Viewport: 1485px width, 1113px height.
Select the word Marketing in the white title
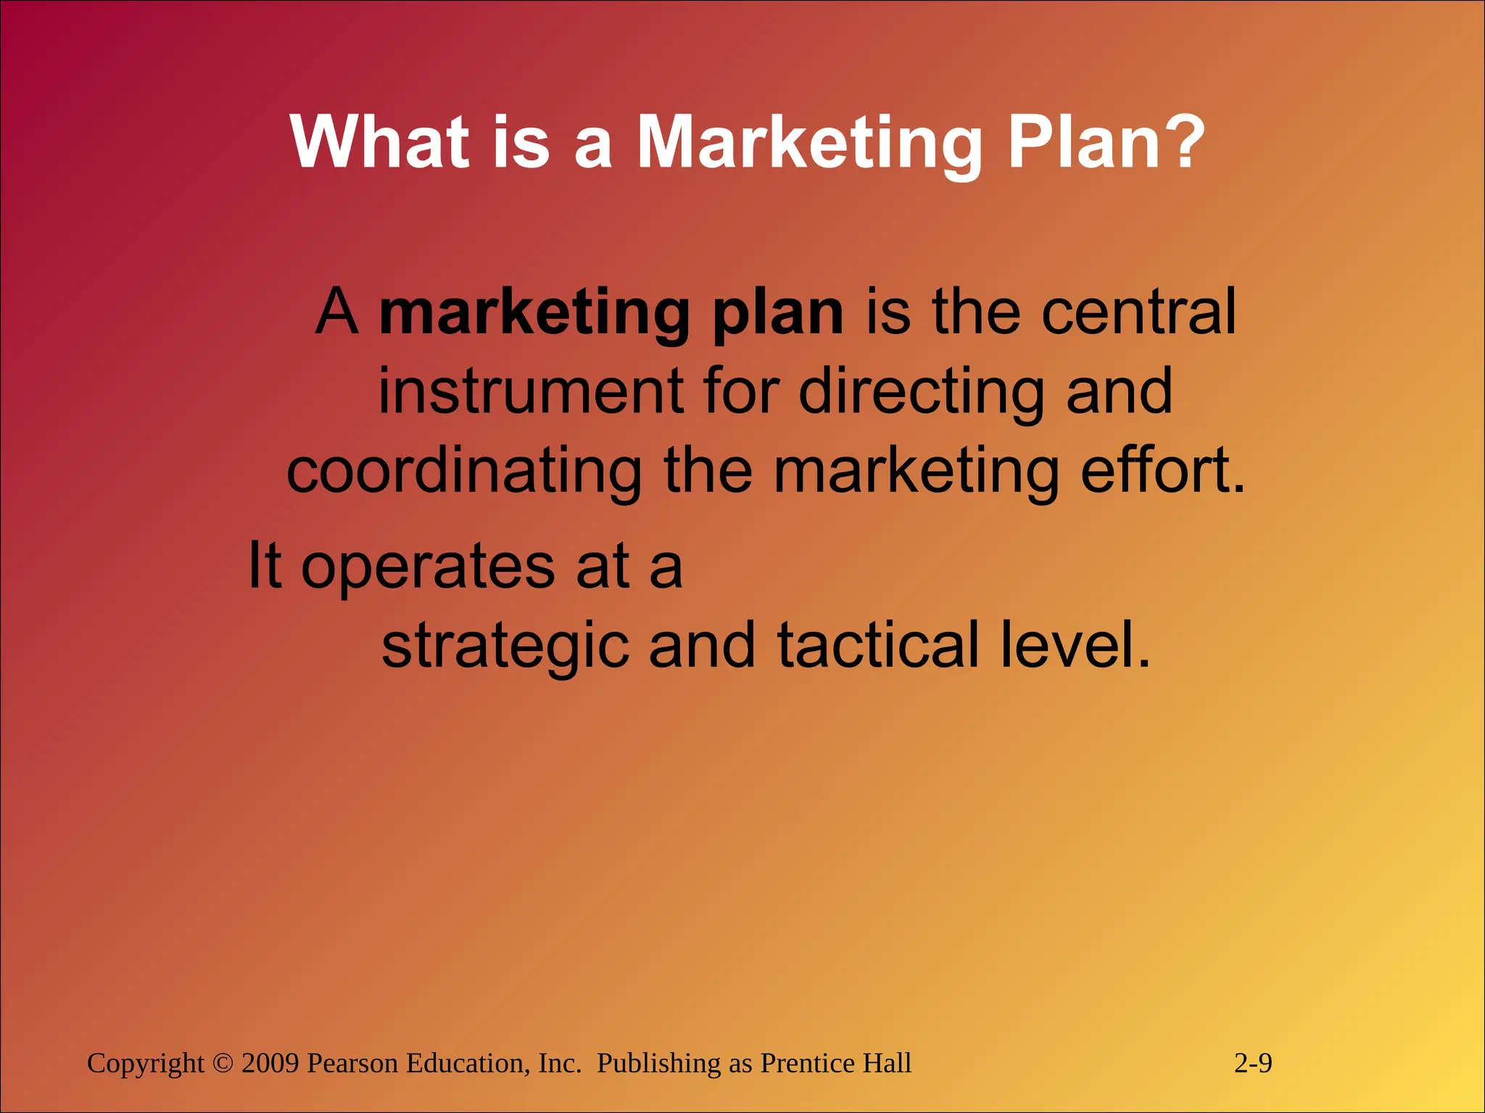tap(809, 145)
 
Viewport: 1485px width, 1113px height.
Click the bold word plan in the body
tap(778, 314)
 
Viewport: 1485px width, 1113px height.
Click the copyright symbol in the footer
tap(223, 1064)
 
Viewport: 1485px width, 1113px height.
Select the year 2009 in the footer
tap(270, 1064)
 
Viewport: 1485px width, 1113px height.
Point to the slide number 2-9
tap(1253, 1064)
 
